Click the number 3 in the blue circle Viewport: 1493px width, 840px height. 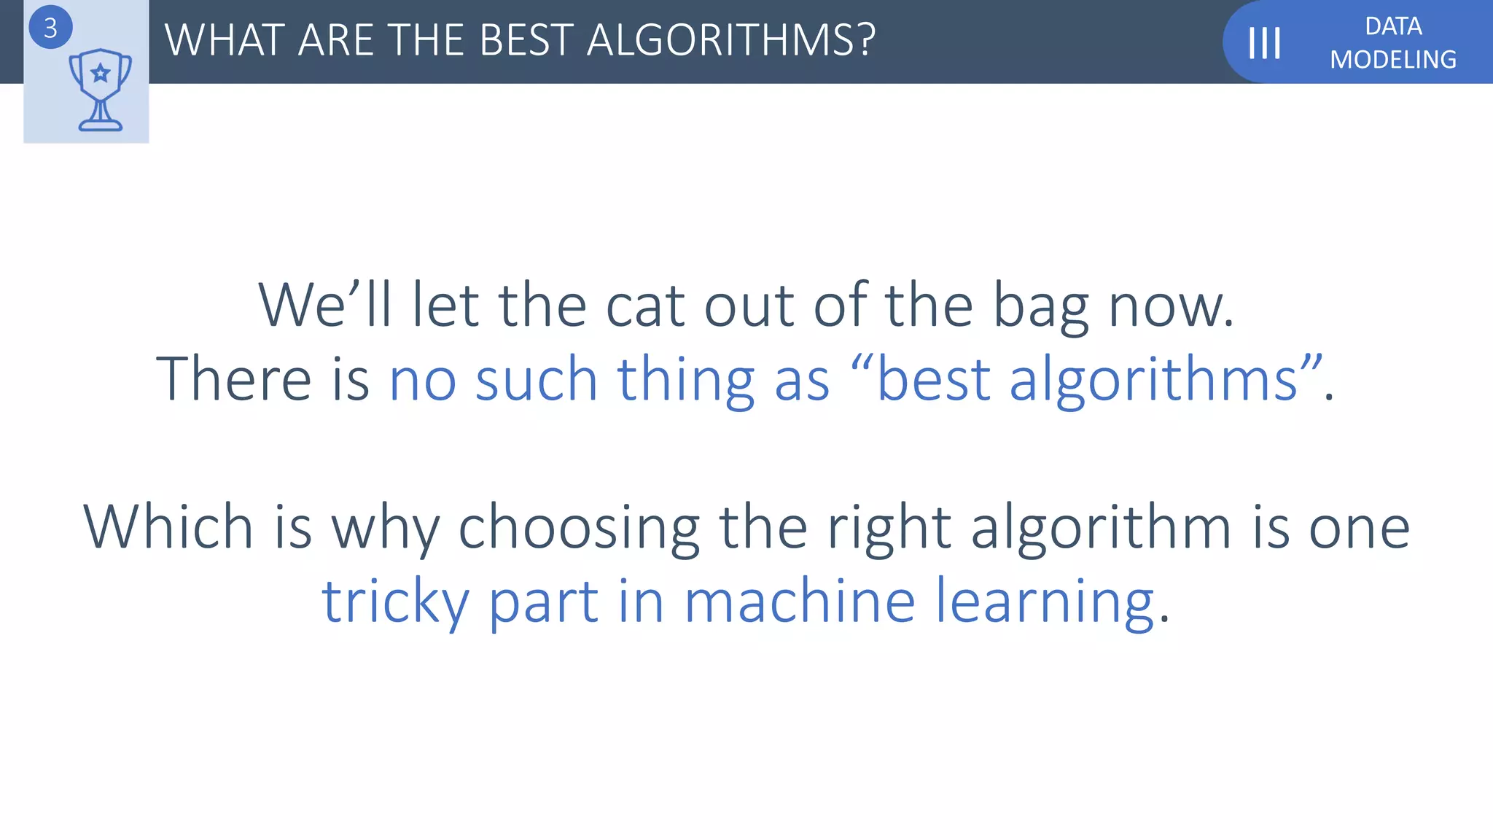coord(50,28)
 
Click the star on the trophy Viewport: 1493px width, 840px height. coord(101,73)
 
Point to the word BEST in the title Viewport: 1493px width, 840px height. coord(526,40)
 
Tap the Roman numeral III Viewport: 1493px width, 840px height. coord(1264,42)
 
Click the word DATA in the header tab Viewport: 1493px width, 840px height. coord(1393,26)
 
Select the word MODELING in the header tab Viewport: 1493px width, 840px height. coord(1393,59)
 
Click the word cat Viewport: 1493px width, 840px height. coord(644,305)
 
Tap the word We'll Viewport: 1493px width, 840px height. coord(325,305)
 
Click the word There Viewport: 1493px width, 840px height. coord(233,378)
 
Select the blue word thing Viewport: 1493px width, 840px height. coord(686,380)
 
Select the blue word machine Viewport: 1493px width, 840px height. coord(800,601)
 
